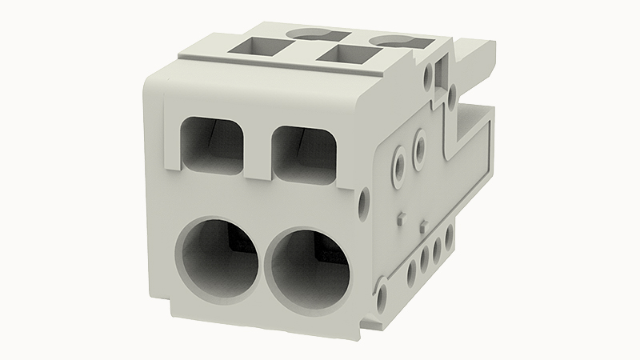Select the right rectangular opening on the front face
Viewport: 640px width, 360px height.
(x=302, y=151)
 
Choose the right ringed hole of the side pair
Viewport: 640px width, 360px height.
(x=418, y=146)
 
